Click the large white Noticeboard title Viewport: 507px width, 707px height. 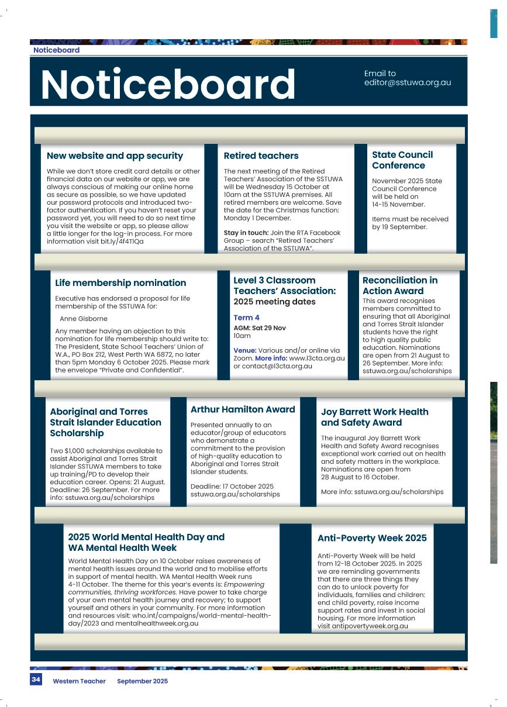pyautogui.click(x=168, y=84)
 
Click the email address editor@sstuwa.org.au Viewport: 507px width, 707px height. pyautogui.click(x=408, y=82)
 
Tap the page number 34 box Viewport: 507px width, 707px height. pyautogui.click(x=36, y=680)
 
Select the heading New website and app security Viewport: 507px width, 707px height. pyautogui.click(x=115, y=156)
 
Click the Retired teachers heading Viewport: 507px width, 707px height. pyautogui.click(x=261, y=156)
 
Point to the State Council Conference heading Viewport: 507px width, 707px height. pyautogui.click(x=402, y=160)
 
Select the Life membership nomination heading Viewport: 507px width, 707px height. pyautogui.click(x=120, y=282)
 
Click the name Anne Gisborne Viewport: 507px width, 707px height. pyautogui.click(x=84, y=319)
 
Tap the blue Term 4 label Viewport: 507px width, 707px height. pyautogui.click(x=246, y=318)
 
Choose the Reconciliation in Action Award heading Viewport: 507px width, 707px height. pyautogui.click(x=400, y=285)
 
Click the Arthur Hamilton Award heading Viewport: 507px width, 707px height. pyautogui.click(x=243, y=409)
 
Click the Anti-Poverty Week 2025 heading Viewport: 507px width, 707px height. pyautogui.click(x=372, y=538)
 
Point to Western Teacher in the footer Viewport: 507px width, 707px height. pyautogui.click(x=79, y=681)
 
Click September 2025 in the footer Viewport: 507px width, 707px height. pyautogui.click(x=142, y=681)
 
